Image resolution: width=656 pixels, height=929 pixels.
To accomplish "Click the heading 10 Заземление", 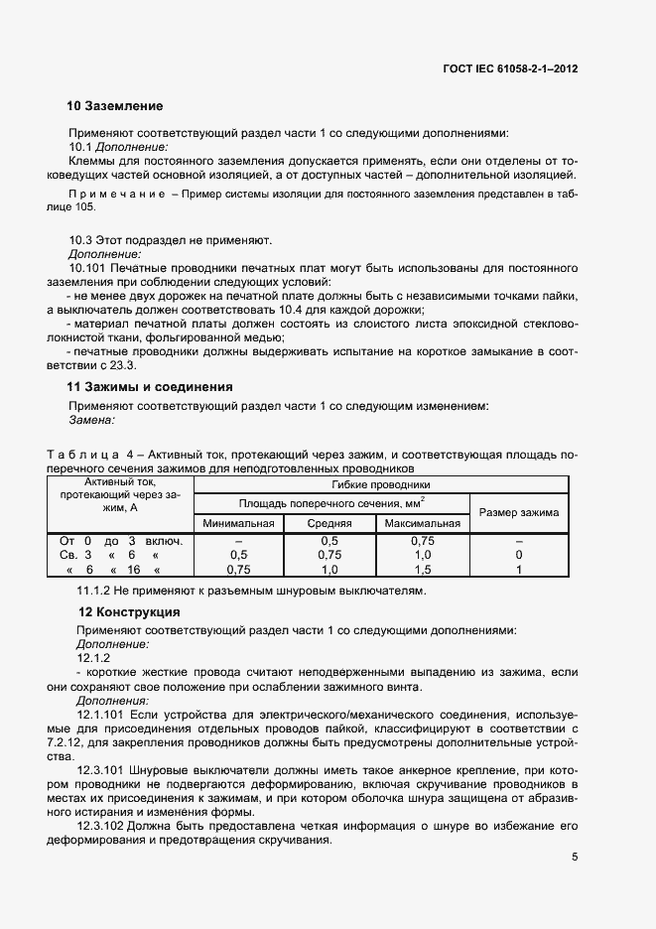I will [x=114, y=105].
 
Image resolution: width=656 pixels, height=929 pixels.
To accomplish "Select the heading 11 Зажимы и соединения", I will [x=149, y=386].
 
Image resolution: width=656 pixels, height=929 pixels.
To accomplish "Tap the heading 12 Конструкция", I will [x=129, y=611].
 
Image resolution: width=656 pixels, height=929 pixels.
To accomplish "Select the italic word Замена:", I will [x=91, y=420].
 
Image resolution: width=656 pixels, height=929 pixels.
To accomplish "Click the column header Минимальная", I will [x=238, y=523].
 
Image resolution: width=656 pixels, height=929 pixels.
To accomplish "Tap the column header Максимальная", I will [x=422, y=523].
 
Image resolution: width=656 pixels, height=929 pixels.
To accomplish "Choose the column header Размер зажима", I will [x=519, y=513].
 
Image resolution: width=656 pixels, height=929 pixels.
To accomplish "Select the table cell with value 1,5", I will [x=422, y=571].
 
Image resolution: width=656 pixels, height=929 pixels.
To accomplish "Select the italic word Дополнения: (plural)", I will [x=106, y=700].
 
